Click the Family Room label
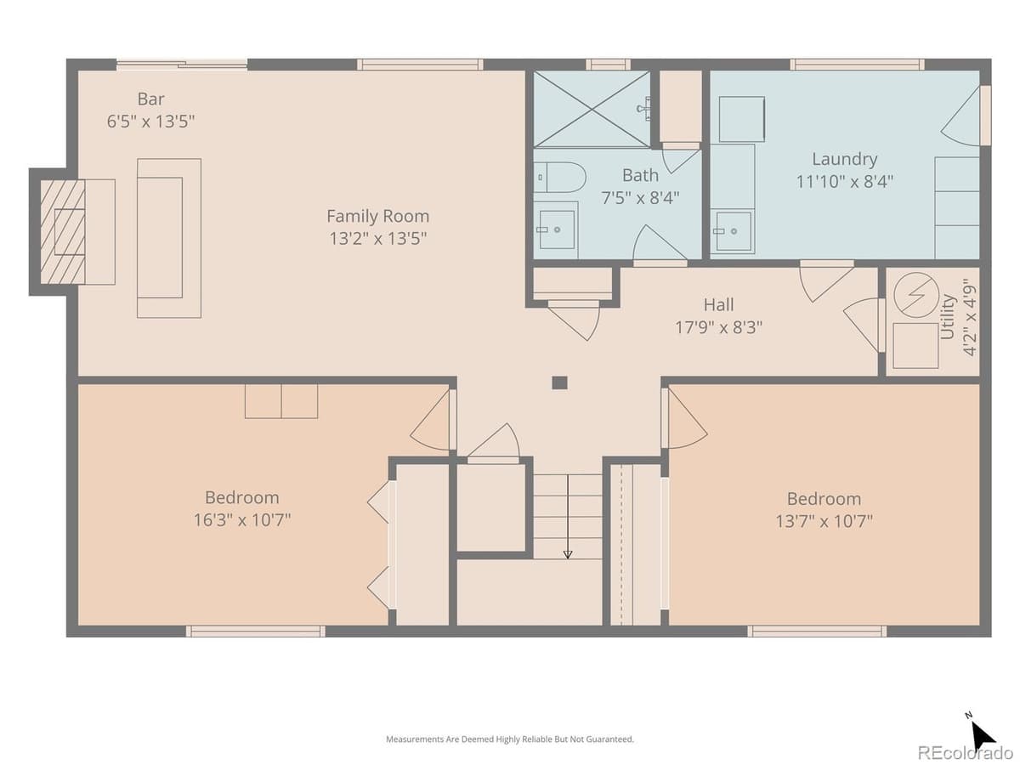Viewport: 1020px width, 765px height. (x=377, y=216)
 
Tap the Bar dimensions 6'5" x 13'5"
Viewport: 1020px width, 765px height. (x=150, y=122)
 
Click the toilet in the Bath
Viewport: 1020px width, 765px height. (x=562, y=178)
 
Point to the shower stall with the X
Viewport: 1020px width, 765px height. (x=591, y=108)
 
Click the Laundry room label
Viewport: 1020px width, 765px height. (x=844, y=159)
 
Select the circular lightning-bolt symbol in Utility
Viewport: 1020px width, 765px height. (x=915, y=296)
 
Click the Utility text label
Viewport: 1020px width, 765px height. (x=948, y=317)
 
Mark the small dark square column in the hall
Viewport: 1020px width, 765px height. (x=559, y=382)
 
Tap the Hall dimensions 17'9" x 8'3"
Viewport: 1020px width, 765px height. (x=718, y=327)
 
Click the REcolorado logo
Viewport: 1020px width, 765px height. (x=964, y=752)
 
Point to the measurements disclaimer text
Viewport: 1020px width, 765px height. (x=510, y=739)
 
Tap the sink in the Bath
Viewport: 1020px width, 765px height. (x=557, y=229)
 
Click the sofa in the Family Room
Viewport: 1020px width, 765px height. (x=169, y=238)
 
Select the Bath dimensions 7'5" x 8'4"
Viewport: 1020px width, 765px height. (x=640, y=198)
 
